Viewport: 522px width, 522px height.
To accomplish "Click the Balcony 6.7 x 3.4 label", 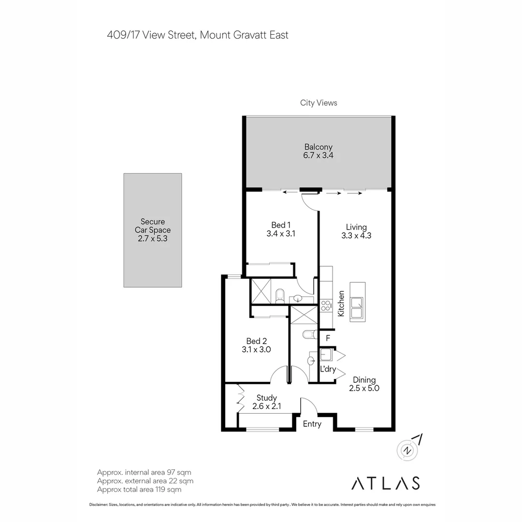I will click(x=318, y=151).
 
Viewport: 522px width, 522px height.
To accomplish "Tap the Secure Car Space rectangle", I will click(x=153, y=231).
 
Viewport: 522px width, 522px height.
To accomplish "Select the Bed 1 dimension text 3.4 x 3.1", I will click(x=280, y=233).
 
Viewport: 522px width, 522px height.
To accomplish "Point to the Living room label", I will click(x=356, y=227).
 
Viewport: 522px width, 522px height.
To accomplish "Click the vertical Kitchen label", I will click(x=341, y=304).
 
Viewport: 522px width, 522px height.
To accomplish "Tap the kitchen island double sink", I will click(x=357, y=308).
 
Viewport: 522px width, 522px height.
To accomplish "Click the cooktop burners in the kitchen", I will click(x=326, y=305).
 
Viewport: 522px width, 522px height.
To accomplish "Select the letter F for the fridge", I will click(x=328, y=338).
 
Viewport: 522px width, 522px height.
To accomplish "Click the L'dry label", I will click(x=328, y=369).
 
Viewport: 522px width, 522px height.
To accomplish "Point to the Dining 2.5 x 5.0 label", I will click(x=363, y=384).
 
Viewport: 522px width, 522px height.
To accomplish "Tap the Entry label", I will click(x=312, y=424).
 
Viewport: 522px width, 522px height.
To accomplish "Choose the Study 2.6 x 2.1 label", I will click(x=266, y=402).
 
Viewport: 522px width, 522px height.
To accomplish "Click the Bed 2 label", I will click(x=256, y=341).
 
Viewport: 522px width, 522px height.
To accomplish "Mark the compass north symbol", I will click(x=409, y=449).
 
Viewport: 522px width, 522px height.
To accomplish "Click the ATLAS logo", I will click(x=385, y=483).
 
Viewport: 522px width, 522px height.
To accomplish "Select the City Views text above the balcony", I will click(x=319, y=102).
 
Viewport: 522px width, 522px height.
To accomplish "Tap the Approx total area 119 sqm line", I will click(x=139, y=489).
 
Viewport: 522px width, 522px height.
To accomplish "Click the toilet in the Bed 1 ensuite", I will click(x=279, y=296).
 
